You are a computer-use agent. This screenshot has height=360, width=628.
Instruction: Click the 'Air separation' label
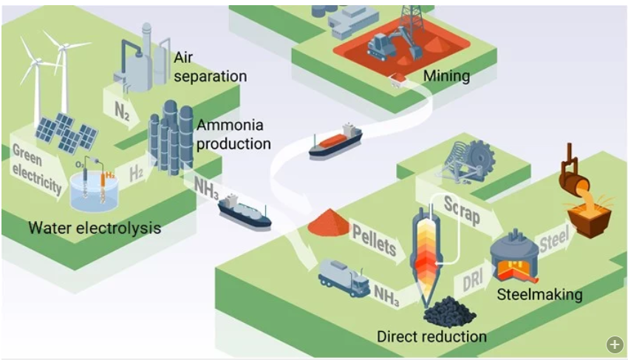coord(210,67)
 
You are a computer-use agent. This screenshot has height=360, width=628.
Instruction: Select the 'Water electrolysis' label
coord(95,228)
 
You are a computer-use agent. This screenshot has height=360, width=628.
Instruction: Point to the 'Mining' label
coord(446,75)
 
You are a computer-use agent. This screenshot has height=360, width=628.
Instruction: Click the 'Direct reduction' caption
coord(431,337)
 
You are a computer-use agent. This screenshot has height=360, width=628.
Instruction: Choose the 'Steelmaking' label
coord(539,295)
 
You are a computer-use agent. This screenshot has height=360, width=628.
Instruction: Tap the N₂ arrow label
coord(123,111)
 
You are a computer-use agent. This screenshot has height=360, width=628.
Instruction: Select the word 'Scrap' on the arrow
coord(461,209)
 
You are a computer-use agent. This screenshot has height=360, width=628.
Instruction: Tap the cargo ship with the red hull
coord(335,141)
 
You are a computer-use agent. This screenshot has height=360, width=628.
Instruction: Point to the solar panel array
coord(66,132)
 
